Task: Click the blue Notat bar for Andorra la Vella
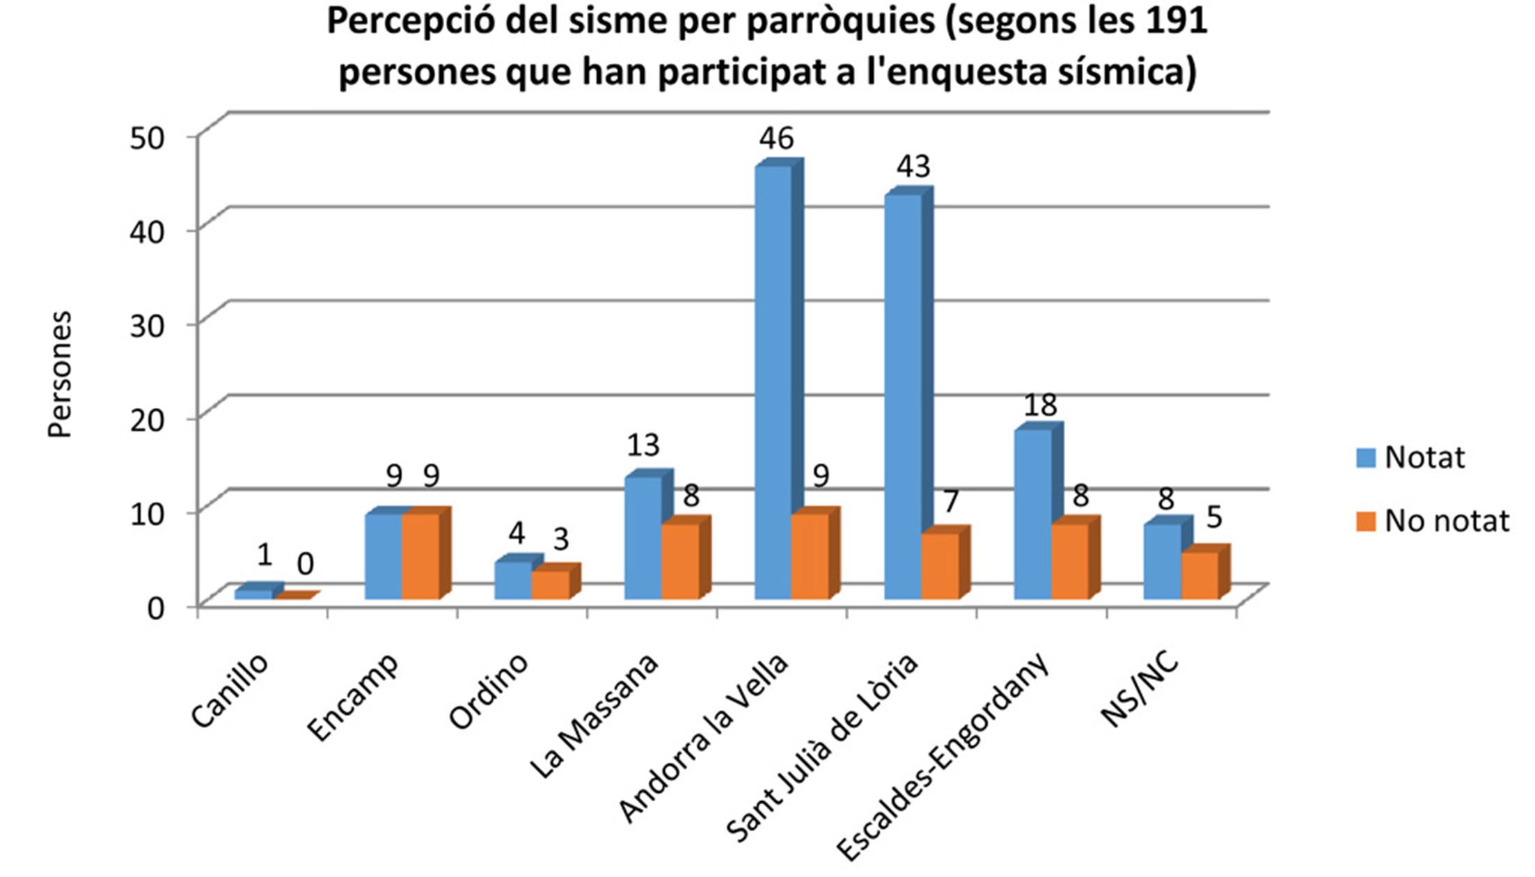pos(773,383)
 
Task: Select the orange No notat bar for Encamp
pos(420,556)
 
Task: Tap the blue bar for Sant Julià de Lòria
pos(902,397)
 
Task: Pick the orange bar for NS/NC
pos(1200,575)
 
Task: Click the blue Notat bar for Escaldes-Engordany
pos(1032,514)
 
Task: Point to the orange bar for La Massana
pos(680,561)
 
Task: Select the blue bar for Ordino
pos(513,580)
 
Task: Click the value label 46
pos(776,139)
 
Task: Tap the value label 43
pos(913,166)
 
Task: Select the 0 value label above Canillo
pos(305,564)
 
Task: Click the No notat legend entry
pos(1447,521)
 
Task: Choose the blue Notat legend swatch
pos(1366,458)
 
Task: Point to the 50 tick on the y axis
pos(148,137)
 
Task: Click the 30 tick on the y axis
pos(148,326)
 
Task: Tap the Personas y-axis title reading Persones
pos(61,374)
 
